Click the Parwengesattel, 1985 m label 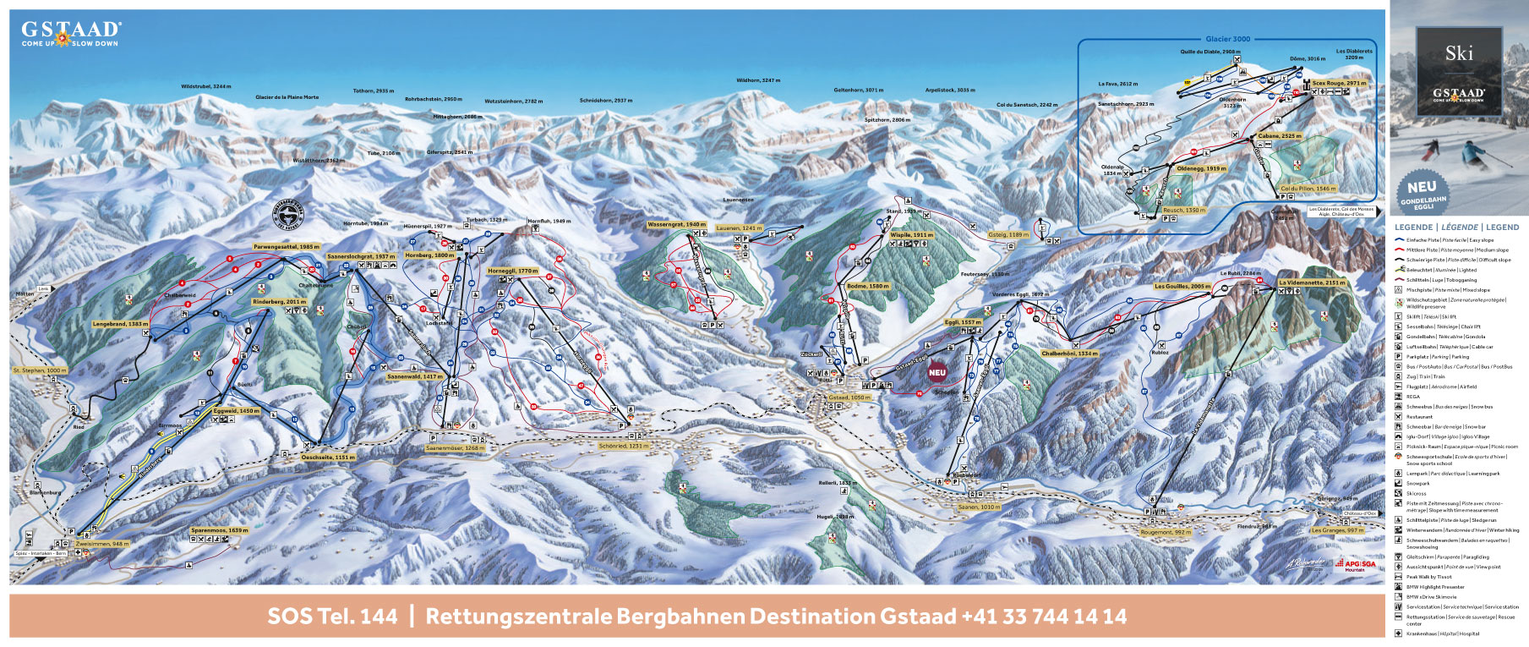click(287, 247)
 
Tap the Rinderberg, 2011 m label click(279, 302)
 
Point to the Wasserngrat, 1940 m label click(676, 225)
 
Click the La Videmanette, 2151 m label click(1311, 283)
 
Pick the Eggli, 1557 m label click(963, 322)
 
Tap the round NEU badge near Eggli click(937, 373)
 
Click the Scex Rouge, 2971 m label click(1339, 84)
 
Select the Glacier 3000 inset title click(1227, 39)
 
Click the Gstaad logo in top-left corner click(71, 34)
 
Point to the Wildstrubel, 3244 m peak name click(205, 86)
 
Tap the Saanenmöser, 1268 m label click(455, 448)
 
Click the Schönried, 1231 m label click(624, 446)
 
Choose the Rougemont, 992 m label click(1166, 533)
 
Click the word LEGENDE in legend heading click(1413, 228)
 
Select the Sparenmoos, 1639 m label click(219, 530)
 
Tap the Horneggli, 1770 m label click(512, 271)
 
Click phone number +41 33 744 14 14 click(1043, 617)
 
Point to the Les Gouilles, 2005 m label click(1182, 287)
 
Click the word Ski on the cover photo click(1459, 53)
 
